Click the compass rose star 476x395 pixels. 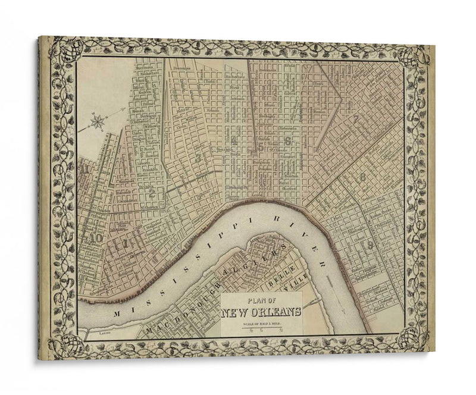(x=98, y=123)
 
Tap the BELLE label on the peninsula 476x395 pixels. (x=277, y=280)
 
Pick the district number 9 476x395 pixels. (x=370, y=244)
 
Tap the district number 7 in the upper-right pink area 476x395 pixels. (x=355, y=118)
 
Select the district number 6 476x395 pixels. (x=287, y=142)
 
